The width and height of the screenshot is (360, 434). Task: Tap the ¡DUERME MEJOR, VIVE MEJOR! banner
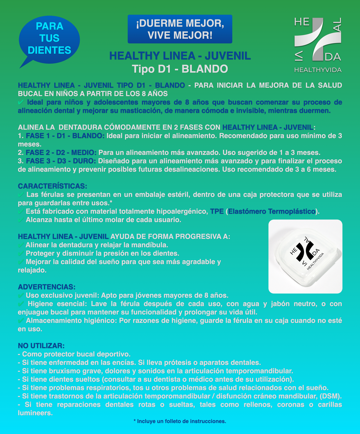pyautogui.click(x=180, y=29)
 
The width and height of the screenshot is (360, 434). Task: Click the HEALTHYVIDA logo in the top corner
pyautogui.click(x=317, y=44)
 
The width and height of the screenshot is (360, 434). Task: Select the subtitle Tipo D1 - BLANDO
pyautogui.click(x=180, y=69)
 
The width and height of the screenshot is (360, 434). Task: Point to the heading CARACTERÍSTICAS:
pyautogui.click(x=52, y=186)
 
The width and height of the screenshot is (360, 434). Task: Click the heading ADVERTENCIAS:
pyautogui.click(x=46, y=287)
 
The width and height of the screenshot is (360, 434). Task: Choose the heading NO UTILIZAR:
pyautogui.click(x=41, y=346)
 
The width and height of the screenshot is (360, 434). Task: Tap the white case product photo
pyautogui.click(x=305, y=257)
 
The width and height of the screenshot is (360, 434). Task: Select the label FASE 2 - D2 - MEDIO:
pyautogui.click(x=61, y=153)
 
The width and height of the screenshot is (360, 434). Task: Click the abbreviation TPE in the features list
pyautogui.click(x=217, y=211)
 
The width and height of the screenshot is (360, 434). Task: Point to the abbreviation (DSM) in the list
pyautogui.click(x=331, y=396)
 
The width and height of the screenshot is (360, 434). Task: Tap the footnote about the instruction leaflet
pyautogui.click(x=180, y=421)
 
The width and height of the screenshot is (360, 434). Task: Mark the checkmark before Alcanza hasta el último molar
pyautogui.click(x=21, y=220)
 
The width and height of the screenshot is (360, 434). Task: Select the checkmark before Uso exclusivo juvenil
pyautogui.click(x=21, y=295)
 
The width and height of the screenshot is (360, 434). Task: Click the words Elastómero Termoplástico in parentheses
pyautogui.click(x=271, y=211)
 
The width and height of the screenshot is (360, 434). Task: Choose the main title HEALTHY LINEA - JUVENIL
pyautogui.click(x=180, y=56)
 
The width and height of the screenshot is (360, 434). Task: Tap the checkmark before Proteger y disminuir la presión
pyautogui.click(x=21, y=253)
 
